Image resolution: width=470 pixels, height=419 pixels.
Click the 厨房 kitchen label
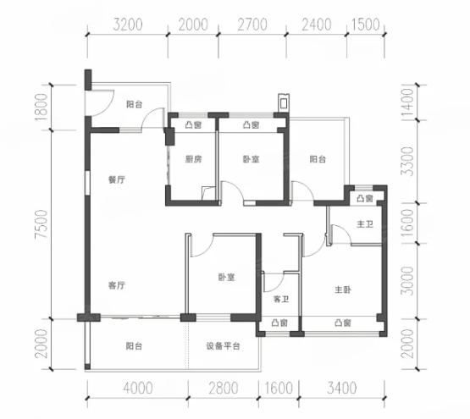click(x=193, y=159)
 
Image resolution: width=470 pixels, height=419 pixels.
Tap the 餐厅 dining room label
click(x=117, y=179)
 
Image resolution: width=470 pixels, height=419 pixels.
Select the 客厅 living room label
click(x=117, y=285)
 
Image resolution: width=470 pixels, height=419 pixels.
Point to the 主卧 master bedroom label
click(x=343, y=289)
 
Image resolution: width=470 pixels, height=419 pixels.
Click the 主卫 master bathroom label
click(x=365, y=223)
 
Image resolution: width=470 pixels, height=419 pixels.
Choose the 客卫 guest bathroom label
click(x=281, y=299)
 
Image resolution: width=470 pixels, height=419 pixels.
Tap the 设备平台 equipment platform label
click(x=223, y=346)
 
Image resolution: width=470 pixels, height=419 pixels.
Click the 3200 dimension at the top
click(x=128, y=25)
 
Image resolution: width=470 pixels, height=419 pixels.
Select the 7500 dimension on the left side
click(x=41, y=223)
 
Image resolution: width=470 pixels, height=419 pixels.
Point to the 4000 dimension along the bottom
click(x=138, y=389)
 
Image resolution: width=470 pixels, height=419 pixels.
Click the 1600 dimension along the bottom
click(x=279, y=389)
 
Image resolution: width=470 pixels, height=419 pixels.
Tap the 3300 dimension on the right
click(x=407, y=161)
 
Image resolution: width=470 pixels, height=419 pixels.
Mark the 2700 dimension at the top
click(x=252, y=25)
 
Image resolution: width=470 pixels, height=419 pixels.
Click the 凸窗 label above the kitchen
click(x=193, y=124)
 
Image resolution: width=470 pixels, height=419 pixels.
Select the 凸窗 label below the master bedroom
click(x=343, y=323)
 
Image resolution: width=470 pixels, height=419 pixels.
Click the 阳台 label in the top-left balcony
click(x=134, y=104)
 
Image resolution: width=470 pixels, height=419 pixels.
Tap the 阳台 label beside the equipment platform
click(x=134, y=346)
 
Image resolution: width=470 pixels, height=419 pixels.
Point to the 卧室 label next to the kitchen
click(x=251, y=159)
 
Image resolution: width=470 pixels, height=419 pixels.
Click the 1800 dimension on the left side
click(x=41, y=108)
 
